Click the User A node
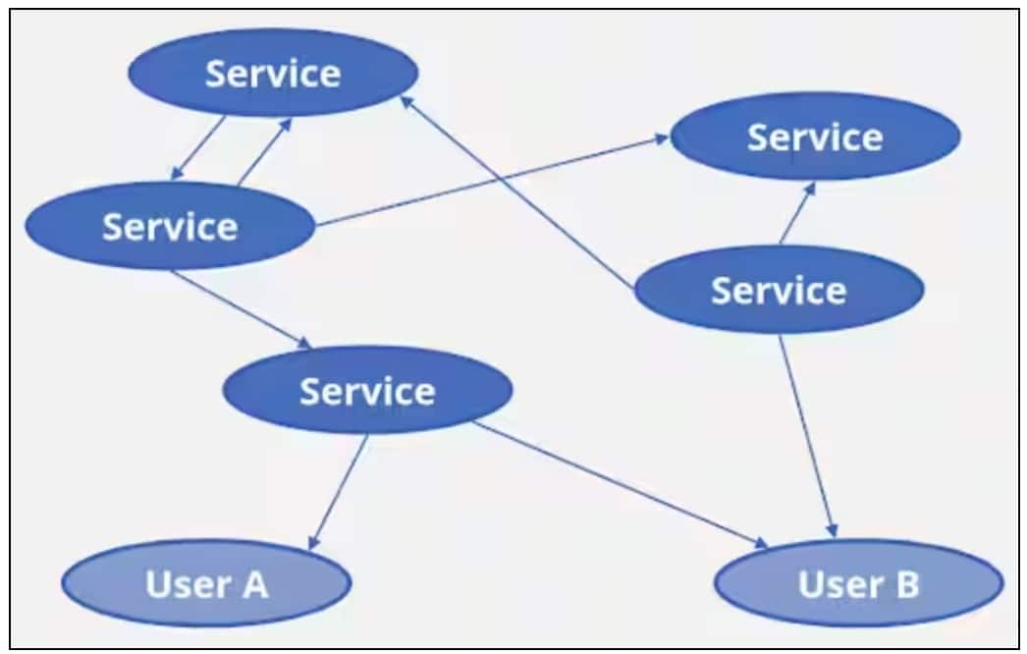[206, 583]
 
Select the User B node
[858, 585]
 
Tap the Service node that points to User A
[367, 391]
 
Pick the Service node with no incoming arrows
[779, 290]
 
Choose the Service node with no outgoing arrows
[815, 136]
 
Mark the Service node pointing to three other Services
[170, 226]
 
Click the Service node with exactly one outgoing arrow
[273, 73]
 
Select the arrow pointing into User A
[340, 491]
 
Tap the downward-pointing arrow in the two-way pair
[199, 148]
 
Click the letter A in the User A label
[253, 583]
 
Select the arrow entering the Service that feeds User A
[242, 308]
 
